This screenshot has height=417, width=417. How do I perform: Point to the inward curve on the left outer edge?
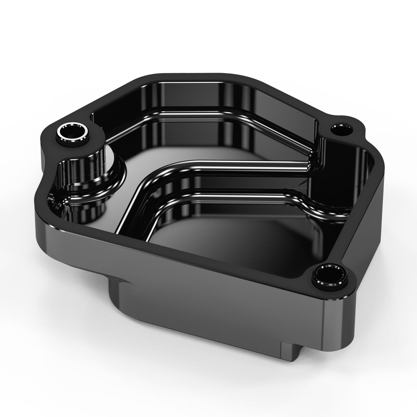coord(46,178)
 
